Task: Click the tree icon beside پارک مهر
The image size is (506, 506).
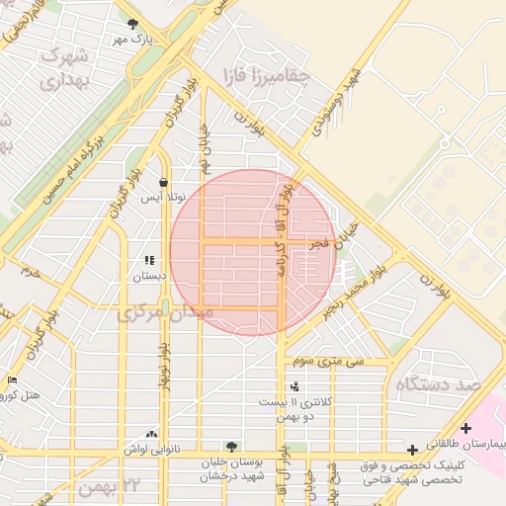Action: click(x=132, y=25)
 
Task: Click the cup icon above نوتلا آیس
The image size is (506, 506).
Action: click(x=162, y=183)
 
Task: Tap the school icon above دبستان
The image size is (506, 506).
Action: click(x=148, y=261)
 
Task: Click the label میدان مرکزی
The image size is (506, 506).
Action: click(x=164, y=313)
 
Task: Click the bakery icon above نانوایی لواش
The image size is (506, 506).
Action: click(x=151, y=433)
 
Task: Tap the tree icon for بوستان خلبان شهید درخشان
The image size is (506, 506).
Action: click(x=231, y=447)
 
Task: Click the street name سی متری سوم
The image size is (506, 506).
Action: click(x=328, y=362)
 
